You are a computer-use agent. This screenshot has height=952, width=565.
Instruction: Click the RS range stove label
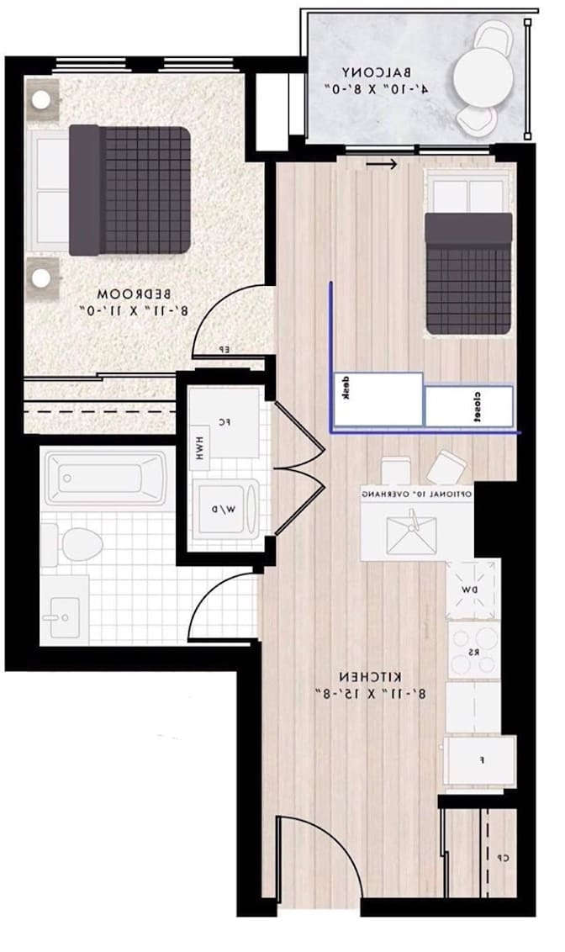(x=471, y=649)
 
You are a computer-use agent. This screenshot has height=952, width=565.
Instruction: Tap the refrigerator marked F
(x=481, y=760)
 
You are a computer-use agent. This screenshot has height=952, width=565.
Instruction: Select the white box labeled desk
(x=378, y=398)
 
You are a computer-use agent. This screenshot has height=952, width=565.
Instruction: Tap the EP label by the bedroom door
(x=224, y=349)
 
